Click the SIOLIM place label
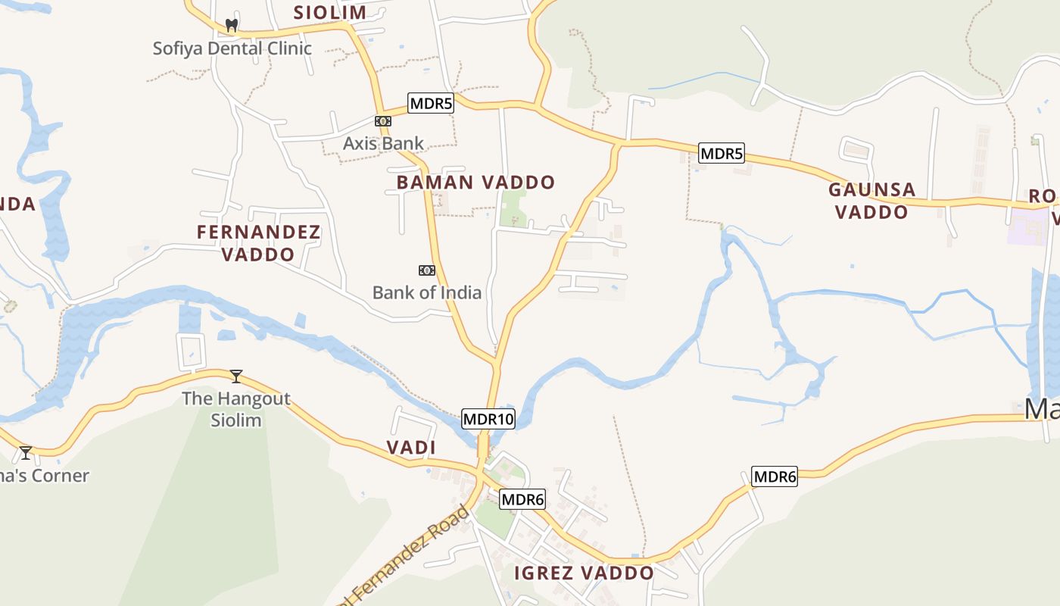[329, 12]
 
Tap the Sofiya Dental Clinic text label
[232, 48]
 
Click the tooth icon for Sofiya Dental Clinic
[232, 25]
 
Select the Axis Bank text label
[383, 143]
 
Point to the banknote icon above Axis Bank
[383, 121]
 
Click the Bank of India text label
[426, 292]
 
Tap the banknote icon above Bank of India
[427, 270]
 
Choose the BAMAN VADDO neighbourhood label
[475, 183]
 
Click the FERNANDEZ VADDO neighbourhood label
[258, 243]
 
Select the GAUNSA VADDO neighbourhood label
[871, 201]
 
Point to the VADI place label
[411, 448]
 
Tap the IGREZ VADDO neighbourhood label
[584, 573]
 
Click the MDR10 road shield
[488, 419]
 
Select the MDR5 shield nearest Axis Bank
[430, 103]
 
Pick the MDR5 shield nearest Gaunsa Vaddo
[721, 154]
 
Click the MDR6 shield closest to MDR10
[522, 499]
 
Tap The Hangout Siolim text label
[236, 409]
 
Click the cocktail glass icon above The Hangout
[236, 376]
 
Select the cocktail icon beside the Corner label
[26, 453]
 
